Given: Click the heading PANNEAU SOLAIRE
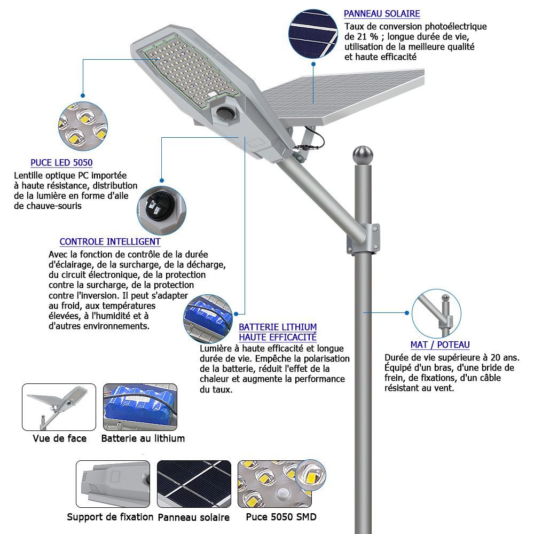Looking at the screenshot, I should tap(381, 14).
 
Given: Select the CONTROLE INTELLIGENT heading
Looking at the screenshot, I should tap(110, 242).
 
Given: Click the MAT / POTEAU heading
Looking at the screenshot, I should tap(440, 345).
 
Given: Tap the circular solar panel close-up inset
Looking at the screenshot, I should tap(313, 33).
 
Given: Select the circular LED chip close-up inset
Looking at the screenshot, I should tap(83, 125).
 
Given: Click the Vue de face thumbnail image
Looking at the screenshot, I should tap(59, 407).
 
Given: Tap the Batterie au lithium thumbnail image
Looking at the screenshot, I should tap(140, 407).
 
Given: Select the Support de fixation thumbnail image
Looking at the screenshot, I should tap(113, 484).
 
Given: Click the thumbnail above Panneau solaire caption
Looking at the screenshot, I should tap(194, 484).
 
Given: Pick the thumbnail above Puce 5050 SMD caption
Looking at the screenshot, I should tap(281, 484).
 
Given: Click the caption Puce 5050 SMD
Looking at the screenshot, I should tap(281, 517).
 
